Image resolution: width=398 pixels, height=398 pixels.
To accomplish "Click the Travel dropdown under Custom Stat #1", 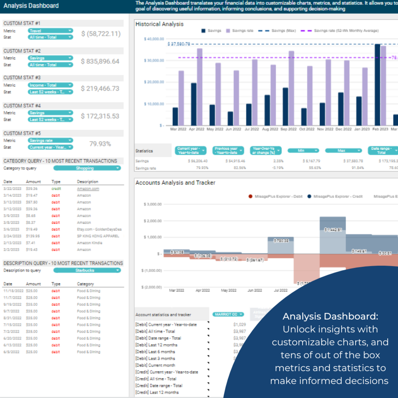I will (50, 30).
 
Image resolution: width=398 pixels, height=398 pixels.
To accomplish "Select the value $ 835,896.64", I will (100, 61).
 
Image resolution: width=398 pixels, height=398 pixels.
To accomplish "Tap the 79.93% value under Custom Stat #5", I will (100, 144).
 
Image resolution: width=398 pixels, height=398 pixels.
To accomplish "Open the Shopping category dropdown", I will (87, 168).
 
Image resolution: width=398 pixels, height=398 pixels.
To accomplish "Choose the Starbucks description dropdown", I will (87, 270).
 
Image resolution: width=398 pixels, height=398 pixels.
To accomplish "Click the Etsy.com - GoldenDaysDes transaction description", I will (99, 229).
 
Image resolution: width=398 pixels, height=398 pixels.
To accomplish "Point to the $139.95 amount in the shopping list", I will (33, 236).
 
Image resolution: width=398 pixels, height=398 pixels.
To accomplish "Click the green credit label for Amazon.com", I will (56, 189).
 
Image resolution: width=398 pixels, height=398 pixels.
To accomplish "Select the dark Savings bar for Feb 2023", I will (378, 85).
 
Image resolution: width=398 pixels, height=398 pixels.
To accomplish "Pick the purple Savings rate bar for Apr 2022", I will (200, 87).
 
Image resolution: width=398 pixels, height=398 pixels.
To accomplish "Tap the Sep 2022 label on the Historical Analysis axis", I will (289, 129).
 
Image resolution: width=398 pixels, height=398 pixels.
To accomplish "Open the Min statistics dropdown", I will (303, 150).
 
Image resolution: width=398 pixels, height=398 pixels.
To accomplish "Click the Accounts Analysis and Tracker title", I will (175, 183).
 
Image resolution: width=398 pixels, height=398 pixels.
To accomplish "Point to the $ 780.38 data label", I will (280, 240).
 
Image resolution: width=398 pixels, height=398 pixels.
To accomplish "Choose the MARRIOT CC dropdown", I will (228, 314).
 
